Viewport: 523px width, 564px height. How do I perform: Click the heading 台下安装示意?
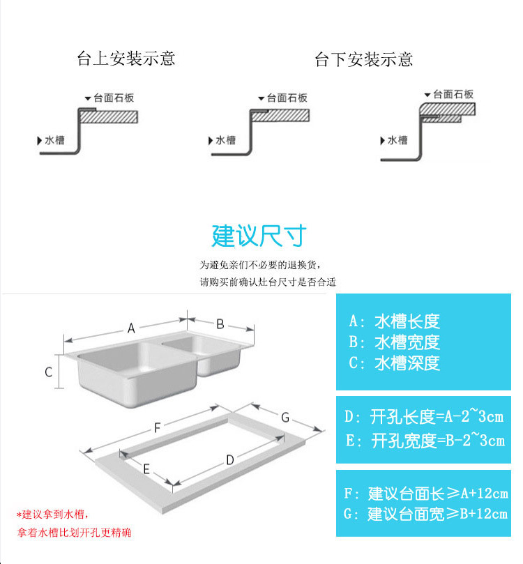coord(363,59)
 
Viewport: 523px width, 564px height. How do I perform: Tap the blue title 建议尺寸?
coord(259,236)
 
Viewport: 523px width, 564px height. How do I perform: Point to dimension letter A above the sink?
coord(130,329)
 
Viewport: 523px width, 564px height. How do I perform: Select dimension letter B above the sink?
coord(219,323)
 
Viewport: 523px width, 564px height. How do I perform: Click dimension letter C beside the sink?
coord(49,372)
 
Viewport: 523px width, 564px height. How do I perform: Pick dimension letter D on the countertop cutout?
coord(229,459)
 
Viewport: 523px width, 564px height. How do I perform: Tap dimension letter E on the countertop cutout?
coord(146,469)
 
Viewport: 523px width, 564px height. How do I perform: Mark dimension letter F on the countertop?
coord(158,427)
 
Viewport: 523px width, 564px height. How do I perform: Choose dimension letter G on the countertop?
coord(285,417)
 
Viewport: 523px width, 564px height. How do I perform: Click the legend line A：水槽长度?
coord(394,322)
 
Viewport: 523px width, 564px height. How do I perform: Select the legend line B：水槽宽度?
coord(394,342)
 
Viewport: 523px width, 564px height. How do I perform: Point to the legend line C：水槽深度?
coord(394,363)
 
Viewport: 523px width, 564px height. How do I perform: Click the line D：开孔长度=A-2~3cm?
coord(424,418)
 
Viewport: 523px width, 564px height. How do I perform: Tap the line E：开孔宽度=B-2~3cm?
coord(424,441)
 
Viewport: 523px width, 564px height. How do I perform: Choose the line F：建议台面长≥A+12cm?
coord(425,494)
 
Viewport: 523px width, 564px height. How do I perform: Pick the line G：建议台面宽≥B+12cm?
coord(425,515)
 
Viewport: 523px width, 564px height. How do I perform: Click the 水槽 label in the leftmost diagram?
coord(55,139)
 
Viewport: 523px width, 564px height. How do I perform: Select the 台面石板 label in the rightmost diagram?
coord(453,94)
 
